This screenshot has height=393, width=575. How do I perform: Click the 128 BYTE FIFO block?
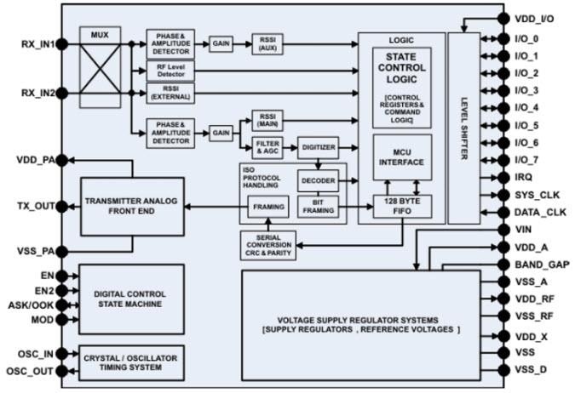coord(402,207)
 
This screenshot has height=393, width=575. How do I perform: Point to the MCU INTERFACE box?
coord(401,157)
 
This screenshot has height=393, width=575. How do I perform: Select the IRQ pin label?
coord(526,176)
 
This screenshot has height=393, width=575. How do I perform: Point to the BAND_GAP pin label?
coord(542,265)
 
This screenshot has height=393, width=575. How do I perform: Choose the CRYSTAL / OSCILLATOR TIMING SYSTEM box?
coord(131,362)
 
